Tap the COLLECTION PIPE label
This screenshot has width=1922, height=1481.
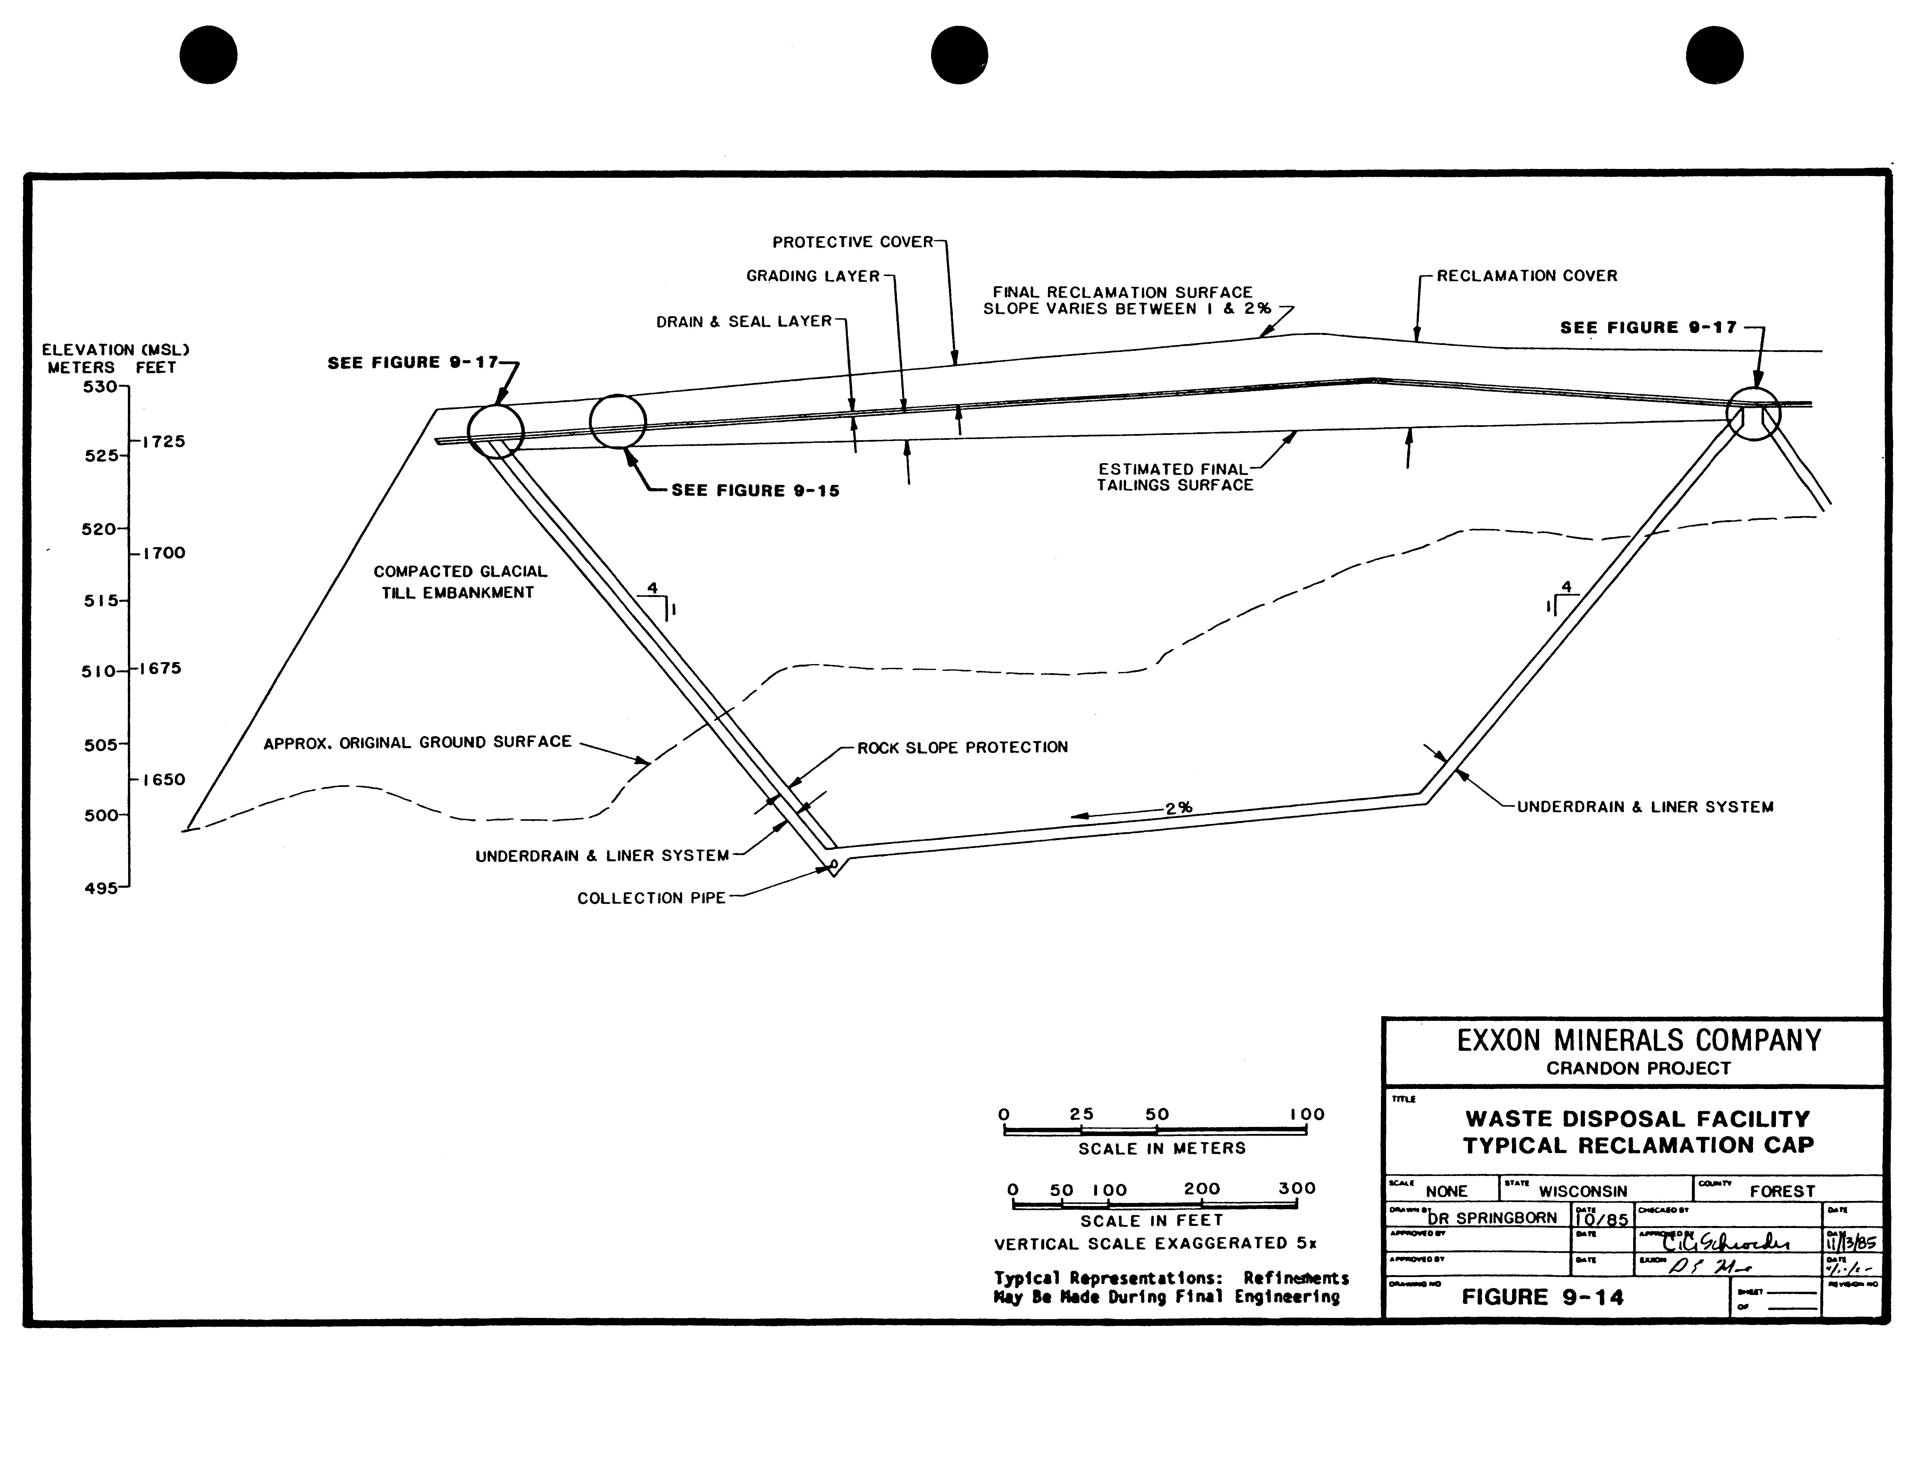pyautogui.click(x=651, y=899)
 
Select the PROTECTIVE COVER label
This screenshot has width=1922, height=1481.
pyautogui.click(x=852, y=242)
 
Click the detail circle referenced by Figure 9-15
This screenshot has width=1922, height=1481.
pyautogui.click(x=618, y=422)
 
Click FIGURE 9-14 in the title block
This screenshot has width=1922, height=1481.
pyautogui.click(x=1542, y=1297)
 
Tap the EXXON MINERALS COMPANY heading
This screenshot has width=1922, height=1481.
pyautogui.click(x=1639, y=1041)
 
